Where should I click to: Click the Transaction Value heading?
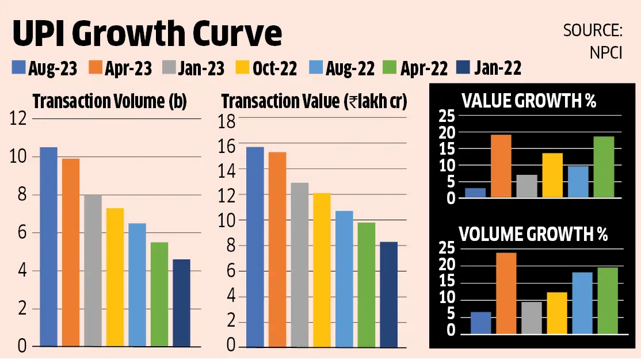coord(314,101)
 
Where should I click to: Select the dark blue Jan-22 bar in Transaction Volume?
coord(181,302)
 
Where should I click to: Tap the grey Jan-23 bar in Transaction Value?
coord(299,265)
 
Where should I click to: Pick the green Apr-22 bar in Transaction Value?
coord(366,284)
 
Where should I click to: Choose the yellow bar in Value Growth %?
coord(552,175)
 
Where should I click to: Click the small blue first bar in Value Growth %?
coord(475,193)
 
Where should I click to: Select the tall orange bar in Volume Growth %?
coord(506,293)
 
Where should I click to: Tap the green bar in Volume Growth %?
coord(608,300)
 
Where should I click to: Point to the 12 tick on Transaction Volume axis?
coord(18,119)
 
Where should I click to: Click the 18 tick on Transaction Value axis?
coord(228,120)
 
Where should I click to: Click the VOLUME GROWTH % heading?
coord(533,235)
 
